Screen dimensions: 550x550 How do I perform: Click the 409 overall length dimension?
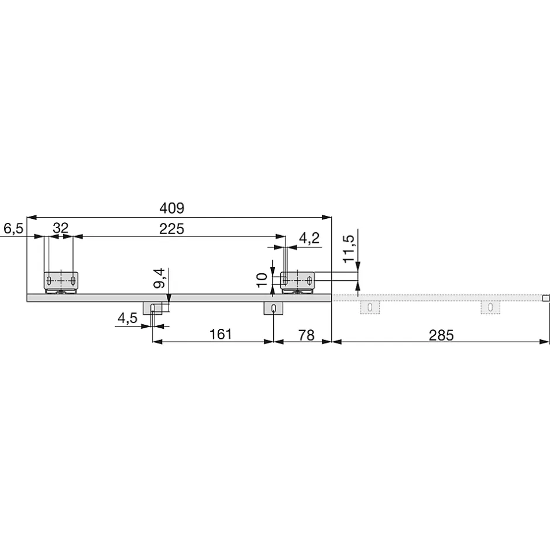171,208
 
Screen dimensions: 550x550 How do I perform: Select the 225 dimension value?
171,229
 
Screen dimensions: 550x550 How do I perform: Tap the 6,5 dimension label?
13,229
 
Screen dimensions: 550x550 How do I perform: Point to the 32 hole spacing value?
60,228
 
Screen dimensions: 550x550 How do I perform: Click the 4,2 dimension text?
309,238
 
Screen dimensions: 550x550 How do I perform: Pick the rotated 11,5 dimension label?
349,249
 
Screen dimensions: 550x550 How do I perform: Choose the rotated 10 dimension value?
262,280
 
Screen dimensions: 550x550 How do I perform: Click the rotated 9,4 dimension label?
159,278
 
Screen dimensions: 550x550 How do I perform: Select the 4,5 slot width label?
128,318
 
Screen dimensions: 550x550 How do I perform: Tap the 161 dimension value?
221,334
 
